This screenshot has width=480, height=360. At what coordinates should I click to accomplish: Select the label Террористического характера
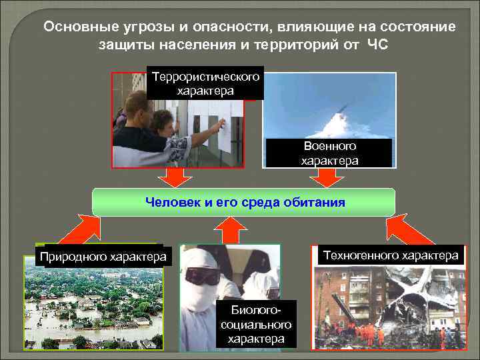pyautogui.click(x=205, y=83)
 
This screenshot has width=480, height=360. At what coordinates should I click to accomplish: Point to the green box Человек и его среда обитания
pyautogui.click(x=243, y=202)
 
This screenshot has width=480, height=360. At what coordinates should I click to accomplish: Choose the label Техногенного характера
pyautogui.click(x=391, y=255)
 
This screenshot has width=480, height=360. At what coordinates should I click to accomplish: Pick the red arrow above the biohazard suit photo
pyautogui.click(x=230, y=230)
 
